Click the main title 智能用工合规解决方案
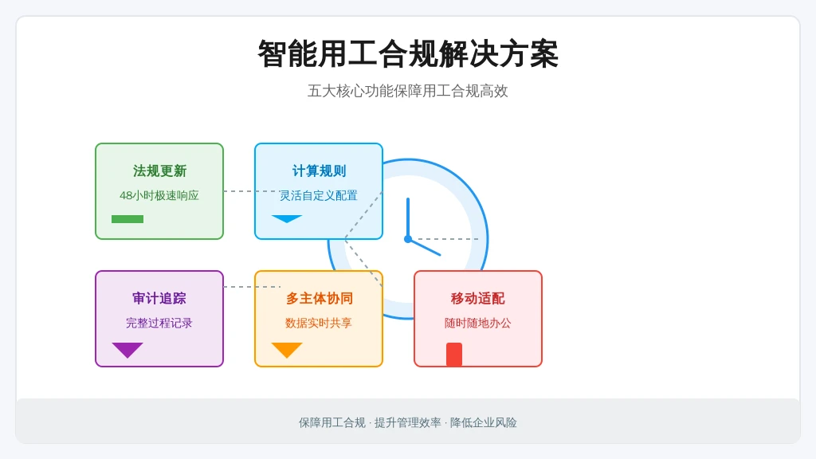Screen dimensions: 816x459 [x=408, y=54]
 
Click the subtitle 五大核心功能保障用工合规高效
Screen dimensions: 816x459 [x=408, y=91]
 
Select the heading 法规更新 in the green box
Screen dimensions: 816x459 [x=159, y=171]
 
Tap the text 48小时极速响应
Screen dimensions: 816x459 [x=159, y=195]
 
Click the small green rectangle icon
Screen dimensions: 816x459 [x=127, y=219]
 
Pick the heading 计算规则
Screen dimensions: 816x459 [x=319, y=171]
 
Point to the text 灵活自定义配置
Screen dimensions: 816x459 [x=319, y=195]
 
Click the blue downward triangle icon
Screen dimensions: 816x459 [x=287, y=218]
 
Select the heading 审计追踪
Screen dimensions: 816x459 [x=159, y=298]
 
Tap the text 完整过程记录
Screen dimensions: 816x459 [x=159, y=323]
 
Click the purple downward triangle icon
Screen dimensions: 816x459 [x=127, y=350]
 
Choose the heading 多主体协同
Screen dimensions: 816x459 [x=319, y=298]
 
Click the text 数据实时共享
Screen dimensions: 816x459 [x=319, y=323]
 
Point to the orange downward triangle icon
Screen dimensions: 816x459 [x=287, y=350]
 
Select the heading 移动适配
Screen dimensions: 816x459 [x=478, y=298]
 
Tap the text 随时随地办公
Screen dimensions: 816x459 [x=478, y=323]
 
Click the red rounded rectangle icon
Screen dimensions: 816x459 [x=454, y=355]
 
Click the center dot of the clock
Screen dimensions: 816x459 [x=408, y=239]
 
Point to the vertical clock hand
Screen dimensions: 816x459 [x=408, y=218]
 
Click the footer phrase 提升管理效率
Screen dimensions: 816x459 [x=407, y=422]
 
